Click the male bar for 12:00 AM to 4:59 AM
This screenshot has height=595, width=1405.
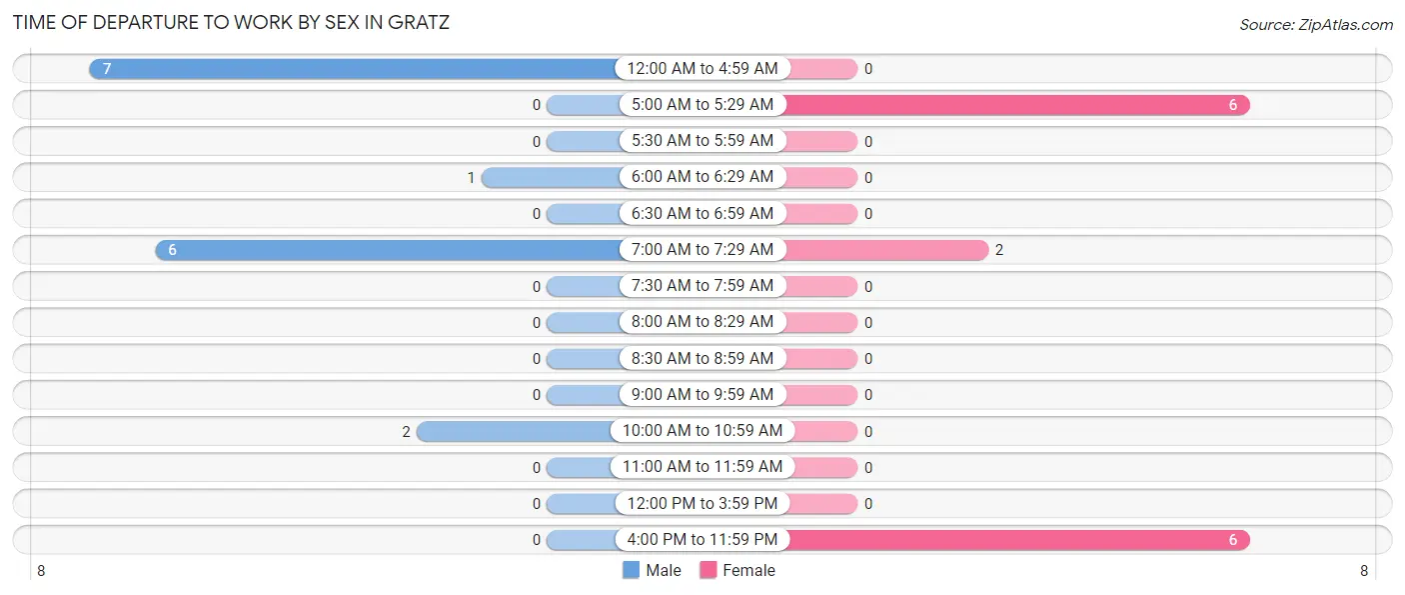(355, 68)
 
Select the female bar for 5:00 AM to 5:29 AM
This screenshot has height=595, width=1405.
(1014, 105)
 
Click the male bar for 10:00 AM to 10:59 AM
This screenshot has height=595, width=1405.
(516, 431)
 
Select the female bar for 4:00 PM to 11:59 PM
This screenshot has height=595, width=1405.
(1014, 540)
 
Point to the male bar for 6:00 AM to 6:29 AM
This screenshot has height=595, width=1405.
(550, 177)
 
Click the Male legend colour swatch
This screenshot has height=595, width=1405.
(631, 570)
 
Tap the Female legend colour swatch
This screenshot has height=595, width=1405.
(708, 570)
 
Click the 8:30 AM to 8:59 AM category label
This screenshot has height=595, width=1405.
(702, 358)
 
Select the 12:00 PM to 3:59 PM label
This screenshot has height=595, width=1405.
(702, 503)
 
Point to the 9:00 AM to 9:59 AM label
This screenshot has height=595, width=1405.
(702, 395)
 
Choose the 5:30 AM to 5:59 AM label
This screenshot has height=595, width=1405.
(702, 141)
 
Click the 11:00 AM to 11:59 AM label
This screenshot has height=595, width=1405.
(702, 467)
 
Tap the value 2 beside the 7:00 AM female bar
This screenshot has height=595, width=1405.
(999, 250)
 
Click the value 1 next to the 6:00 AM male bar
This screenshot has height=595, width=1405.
(471, 178)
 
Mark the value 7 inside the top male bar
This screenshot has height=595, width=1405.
(107, 69)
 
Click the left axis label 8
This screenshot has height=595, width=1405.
(41, 571)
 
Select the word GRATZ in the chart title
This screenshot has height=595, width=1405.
(418, 22)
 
